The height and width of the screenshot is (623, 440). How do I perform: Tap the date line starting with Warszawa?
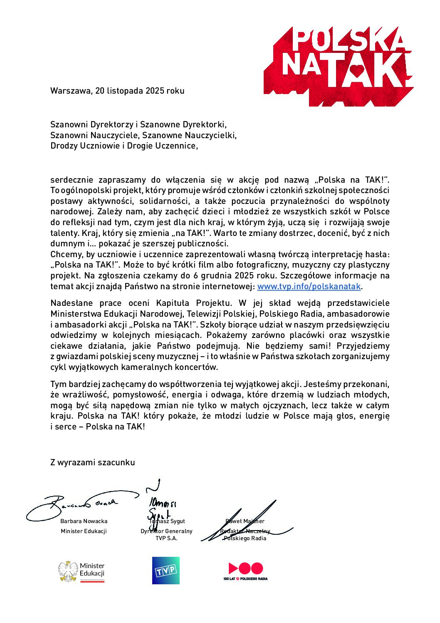pos(117,91)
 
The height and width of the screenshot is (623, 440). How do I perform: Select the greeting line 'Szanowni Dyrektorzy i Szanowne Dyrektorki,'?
pos(138,124)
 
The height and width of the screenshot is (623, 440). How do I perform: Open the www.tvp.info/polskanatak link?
pos(309,286)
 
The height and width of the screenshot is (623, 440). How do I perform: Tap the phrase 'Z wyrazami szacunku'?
pos(93,462)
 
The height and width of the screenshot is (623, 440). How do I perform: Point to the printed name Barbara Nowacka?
pos(84,521)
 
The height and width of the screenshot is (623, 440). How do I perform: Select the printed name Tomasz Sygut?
pos(167,521)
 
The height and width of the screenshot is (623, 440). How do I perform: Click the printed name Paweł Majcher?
pos(245,521)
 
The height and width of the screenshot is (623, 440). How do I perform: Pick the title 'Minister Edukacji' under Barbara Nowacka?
pos(84,531)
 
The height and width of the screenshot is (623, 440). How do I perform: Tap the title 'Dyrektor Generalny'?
pos(166,531)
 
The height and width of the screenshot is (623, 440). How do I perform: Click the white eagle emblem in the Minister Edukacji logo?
pos(68,571)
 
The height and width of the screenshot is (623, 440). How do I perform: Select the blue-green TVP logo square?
pos(166,571)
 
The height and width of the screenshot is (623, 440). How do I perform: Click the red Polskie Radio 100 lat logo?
pos(245,571)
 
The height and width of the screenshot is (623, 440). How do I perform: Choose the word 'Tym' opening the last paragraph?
pos(58,384)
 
